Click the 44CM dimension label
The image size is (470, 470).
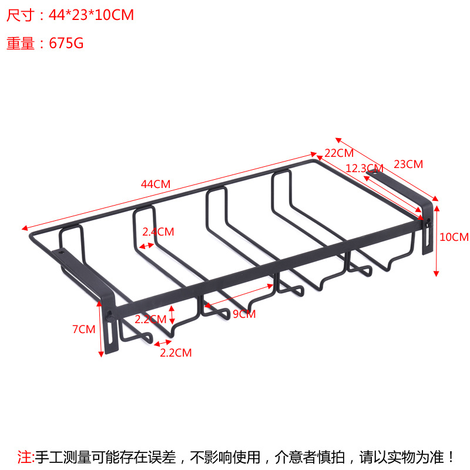point(156,184)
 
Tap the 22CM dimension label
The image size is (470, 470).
point(339,153)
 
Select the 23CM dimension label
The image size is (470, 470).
point(408,164)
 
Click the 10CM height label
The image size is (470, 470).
point(454,237)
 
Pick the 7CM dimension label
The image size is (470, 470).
point(83,330)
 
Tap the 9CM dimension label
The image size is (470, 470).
point(244,314)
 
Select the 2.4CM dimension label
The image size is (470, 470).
point(159,231)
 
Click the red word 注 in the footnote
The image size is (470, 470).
point(25,456)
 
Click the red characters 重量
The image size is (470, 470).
point(21,43)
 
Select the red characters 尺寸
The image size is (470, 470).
point(21,15)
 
